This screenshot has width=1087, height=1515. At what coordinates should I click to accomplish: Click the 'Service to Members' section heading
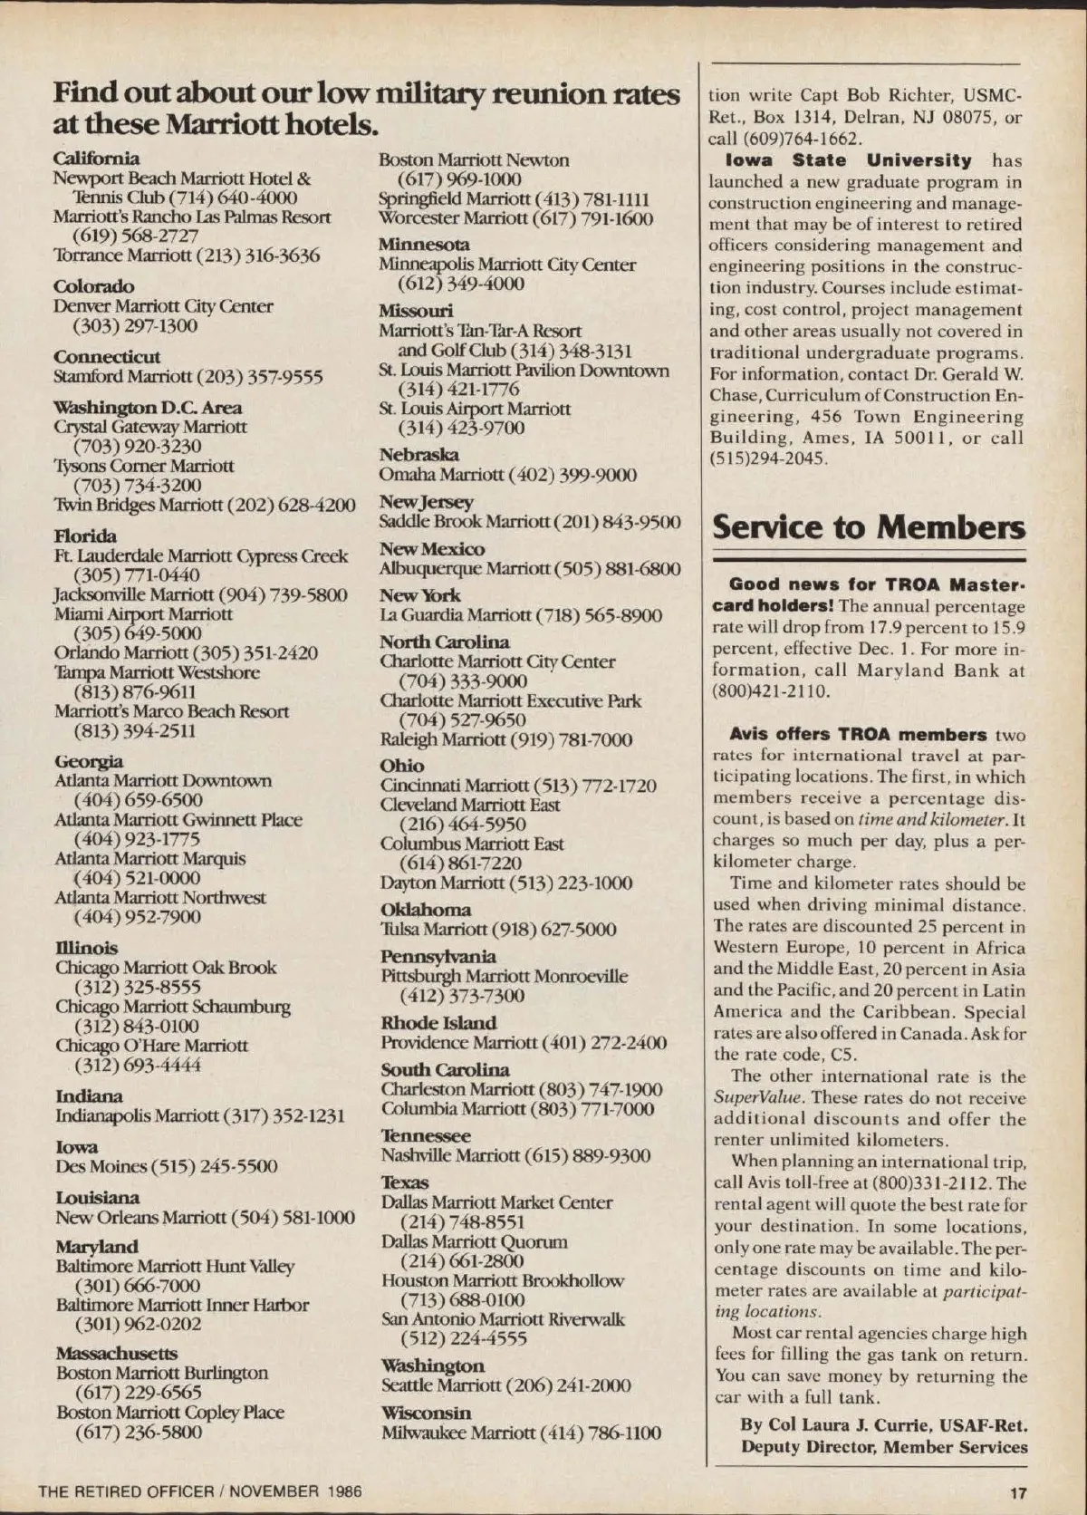pyautogui.click(x=869, y=527)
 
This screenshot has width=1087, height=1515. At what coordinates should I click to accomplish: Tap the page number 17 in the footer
pyautogui.click(x=1018, y=1492)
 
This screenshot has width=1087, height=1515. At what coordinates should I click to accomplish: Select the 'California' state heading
pyautogui.click(x=96, y=159)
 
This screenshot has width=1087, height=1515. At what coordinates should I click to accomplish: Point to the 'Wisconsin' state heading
pyautogui.click(x=426, y=1413)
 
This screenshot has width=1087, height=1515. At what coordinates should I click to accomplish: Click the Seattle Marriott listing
pyautogui.click(x=505, y=1385)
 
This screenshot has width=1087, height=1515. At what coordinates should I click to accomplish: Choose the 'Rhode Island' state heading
pyautogui.click(x=438, y=1023)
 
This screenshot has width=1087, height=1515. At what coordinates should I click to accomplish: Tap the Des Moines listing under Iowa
pyautogui.click(x=167, y=1166)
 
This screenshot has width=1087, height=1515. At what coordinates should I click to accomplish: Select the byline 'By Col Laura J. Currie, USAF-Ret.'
pyautogui.click(x=883, y=1424)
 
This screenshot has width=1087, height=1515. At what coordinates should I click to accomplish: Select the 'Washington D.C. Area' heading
pyautogui.click(x=148, y=407)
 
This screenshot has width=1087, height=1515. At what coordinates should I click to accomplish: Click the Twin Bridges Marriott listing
pyautogui.click(x=205, y=505)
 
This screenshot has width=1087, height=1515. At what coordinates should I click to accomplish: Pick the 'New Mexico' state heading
pyautogui.click(x=431, y=549)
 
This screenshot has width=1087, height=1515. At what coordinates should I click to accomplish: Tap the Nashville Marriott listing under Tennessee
pyautogui.click(x=515, y=1155)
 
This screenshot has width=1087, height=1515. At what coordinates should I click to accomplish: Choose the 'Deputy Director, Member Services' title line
pyautogui.click(x=883, y=1446)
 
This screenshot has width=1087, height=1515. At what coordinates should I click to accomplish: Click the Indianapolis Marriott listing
pyautogui.click(x=200, y=1115)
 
